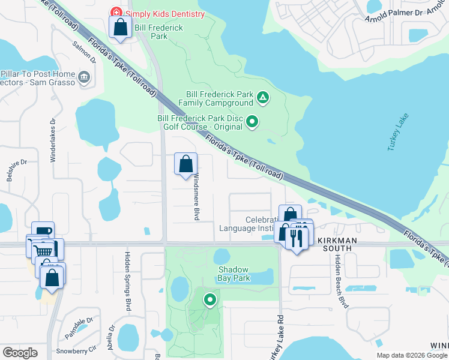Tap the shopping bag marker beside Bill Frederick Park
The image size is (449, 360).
[x=120, y=27]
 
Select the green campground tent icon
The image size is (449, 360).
[x=262, y=97]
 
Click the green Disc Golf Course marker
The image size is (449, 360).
[x=253, y=122]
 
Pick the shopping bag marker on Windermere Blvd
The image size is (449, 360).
[x=186, y=164]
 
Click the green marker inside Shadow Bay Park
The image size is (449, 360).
[x=209, y=299]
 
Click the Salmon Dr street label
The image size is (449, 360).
[x=84, y=52]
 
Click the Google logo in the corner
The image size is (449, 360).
[x=20, y=353]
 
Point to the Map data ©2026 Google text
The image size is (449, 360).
[x=411, y=355]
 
